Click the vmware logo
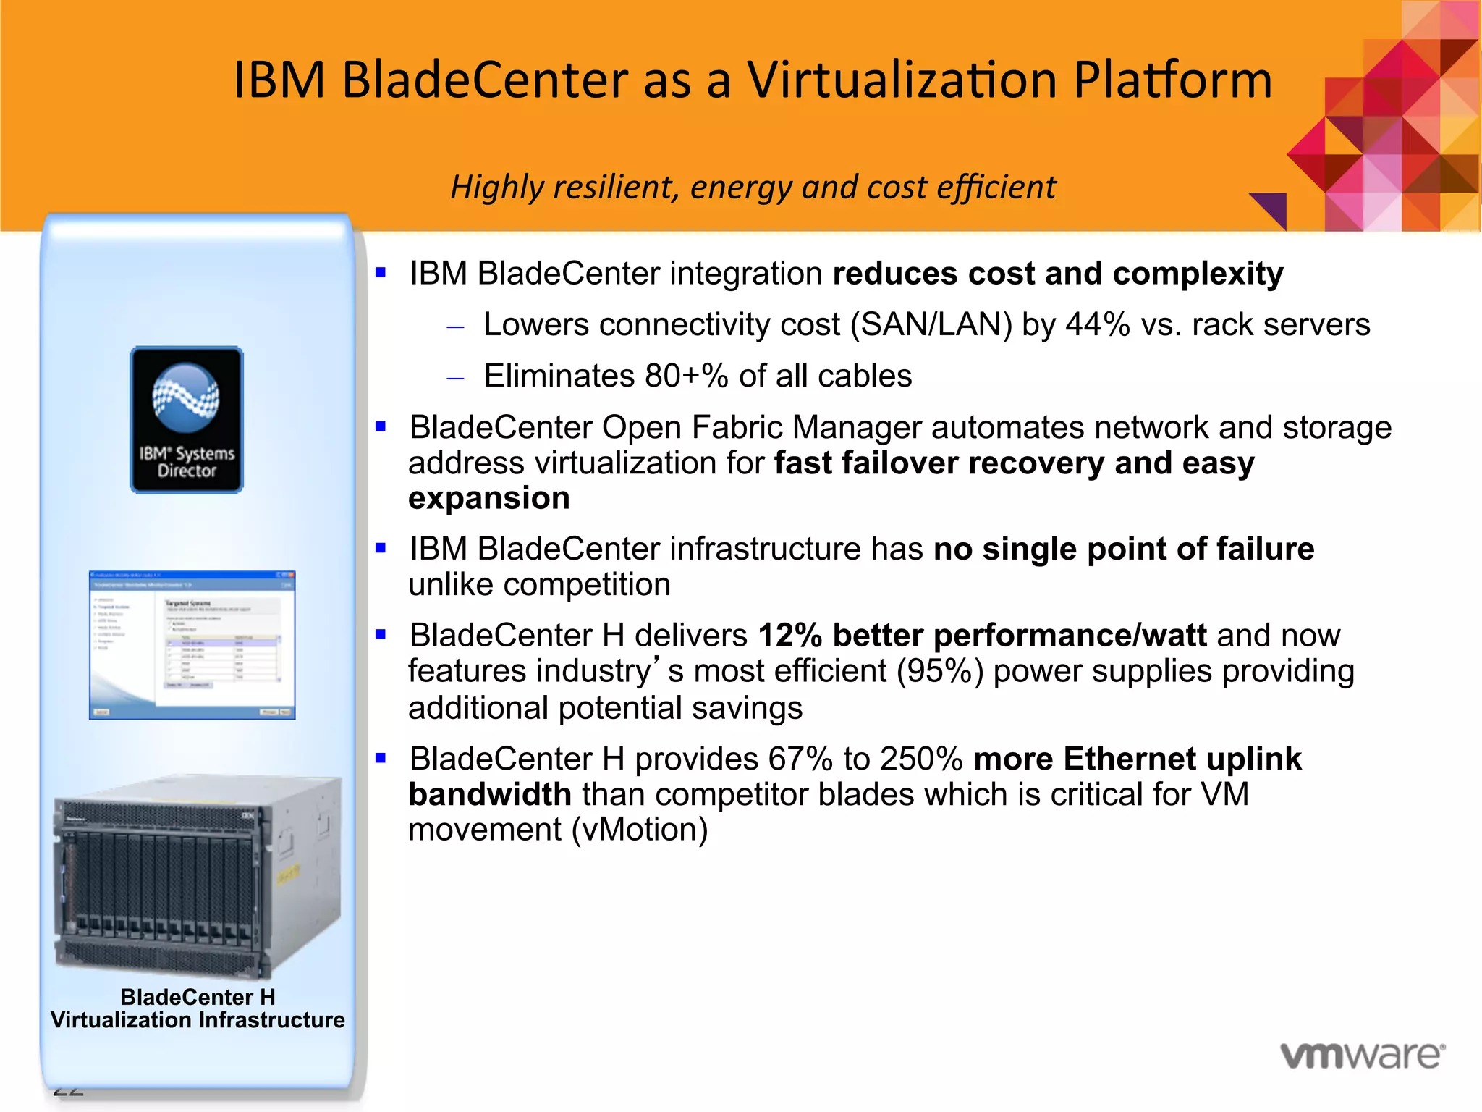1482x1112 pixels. (1363, 1056)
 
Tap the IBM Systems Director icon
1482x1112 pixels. (187, 420)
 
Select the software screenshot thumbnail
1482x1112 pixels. (192, 645)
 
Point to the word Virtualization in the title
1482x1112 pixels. (902, 80)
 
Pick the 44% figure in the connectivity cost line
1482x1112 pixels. (1097, 324)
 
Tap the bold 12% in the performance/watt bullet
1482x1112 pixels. (789, 636)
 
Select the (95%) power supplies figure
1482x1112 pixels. (940, 671)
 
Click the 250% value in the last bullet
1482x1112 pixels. (920, 759)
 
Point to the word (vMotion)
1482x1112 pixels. (639, 830)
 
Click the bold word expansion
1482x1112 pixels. (489, 498)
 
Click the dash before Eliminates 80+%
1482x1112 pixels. (455, 378)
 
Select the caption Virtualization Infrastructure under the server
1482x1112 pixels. (198, 1020)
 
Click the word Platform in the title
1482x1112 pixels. (1172, 80)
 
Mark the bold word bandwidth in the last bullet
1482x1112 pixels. (490, 795)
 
